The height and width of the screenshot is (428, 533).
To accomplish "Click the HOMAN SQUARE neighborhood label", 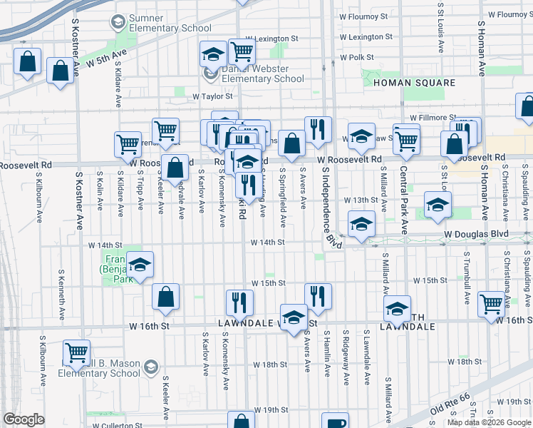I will (414, 83).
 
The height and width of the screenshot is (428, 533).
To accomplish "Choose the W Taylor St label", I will (212, 96).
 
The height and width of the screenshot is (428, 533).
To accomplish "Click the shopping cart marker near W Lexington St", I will (242, 52).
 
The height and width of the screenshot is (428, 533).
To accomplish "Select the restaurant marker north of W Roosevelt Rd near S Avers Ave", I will (317, 129).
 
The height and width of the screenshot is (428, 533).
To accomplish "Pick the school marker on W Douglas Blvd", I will (361, 224).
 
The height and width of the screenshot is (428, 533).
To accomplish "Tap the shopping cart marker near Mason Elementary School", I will (76, 352).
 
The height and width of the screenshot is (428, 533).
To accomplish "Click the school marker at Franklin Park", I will (140, 265).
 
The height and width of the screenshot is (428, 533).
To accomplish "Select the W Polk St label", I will (357, 57).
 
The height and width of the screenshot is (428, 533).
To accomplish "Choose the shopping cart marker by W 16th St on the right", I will (492, 304).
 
